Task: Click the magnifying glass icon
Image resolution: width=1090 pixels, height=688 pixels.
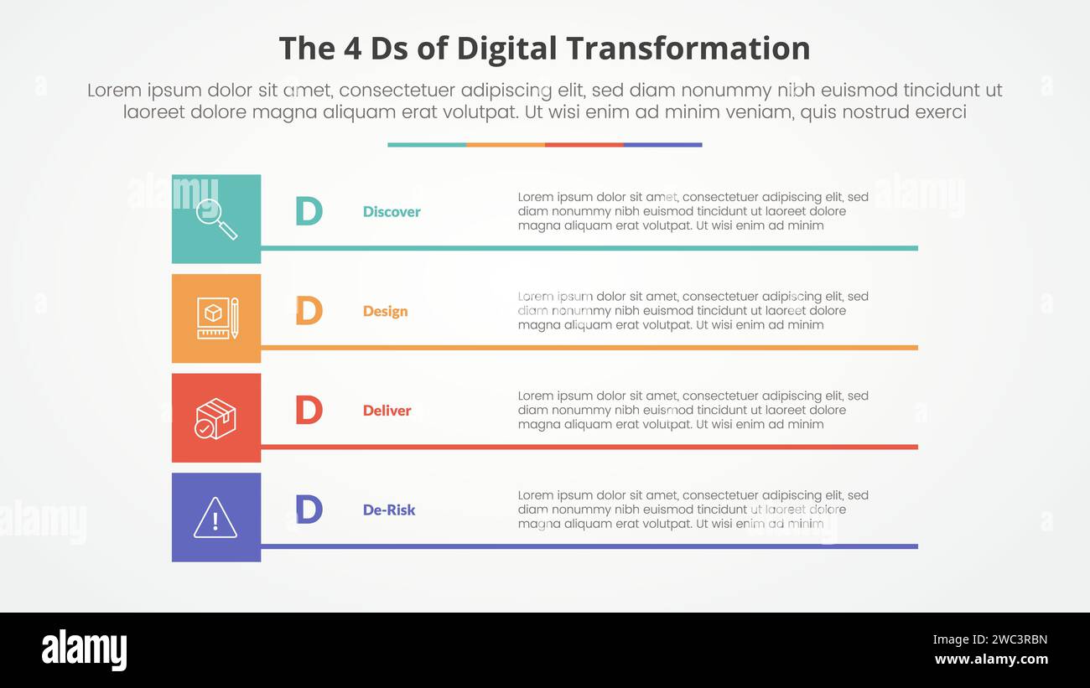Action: [216, 219]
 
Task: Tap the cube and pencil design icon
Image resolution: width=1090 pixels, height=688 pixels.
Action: [216, 318]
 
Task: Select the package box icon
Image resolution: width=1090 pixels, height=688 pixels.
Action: [216, 418]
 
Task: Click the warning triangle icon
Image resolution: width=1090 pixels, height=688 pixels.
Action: [215, 518]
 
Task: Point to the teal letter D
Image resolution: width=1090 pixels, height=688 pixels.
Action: [309, 211]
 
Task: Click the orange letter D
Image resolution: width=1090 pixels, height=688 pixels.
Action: [309, 311]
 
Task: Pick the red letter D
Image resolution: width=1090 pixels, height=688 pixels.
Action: [309, 410]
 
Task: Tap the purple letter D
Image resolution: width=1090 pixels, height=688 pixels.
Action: [309, 510]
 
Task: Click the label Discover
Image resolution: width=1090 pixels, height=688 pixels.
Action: [392, 212]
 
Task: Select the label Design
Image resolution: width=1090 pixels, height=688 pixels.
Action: [385, 312]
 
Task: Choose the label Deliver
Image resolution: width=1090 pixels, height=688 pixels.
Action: [387, 411]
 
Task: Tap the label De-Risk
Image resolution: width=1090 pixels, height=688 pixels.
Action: [388, 510]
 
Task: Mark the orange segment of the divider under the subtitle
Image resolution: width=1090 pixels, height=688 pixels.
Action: [506, 145]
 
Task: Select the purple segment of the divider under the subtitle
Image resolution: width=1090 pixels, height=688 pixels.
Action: [662, 145]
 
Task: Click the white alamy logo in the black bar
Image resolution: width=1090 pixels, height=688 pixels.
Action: [84, 650]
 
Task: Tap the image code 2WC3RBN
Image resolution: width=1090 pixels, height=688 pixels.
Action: [990, 640]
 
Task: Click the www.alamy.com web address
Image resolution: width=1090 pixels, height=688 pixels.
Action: [990, 660]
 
